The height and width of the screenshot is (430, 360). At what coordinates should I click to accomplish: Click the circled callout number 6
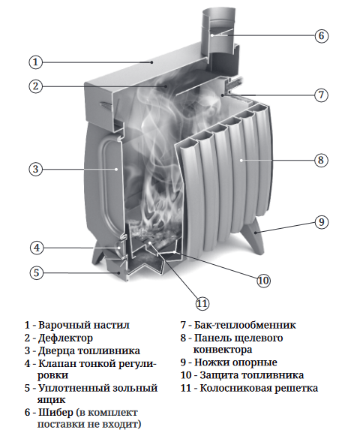pyautogui.click(x=321, y=36)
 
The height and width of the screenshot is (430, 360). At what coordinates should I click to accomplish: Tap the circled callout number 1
pyautogui.click(x=35, y=62)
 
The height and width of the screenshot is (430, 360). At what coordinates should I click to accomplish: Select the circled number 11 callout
pyautogui.click(x=202, y=304)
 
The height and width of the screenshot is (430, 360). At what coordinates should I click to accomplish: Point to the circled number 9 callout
pyautogui.click(x=321, y=222)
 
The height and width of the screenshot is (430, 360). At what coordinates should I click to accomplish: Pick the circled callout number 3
pyautogui.click(x=35, y=169)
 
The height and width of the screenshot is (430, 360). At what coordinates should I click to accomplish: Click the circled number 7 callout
pyautogui.click(x=321, y=95)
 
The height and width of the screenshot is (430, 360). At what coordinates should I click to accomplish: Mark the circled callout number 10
pyautogui.click(x=263, y=280)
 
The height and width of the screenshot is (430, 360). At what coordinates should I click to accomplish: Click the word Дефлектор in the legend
pyautogui.click(x=65, y=338)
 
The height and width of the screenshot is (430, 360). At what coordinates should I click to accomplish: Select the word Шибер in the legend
pyautogui.click(x=56, y=412)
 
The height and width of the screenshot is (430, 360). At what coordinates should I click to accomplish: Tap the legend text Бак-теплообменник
pyautogui.click(x=245, y=325)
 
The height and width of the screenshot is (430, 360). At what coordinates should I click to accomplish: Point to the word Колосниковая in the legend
pyautogui.click(x=235, y=388)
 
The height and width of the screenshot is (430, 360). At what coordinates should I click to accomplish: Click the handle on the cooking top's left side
pyautogui.click(x=107, y=106)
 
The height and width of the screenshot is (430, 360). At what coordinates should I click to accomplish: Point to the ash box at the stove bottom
pyautogui.click(x=142, y=267)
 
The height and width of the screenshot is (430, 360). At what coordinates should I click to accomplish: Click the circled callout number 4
pyautogui.click(x=37, y=248)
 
